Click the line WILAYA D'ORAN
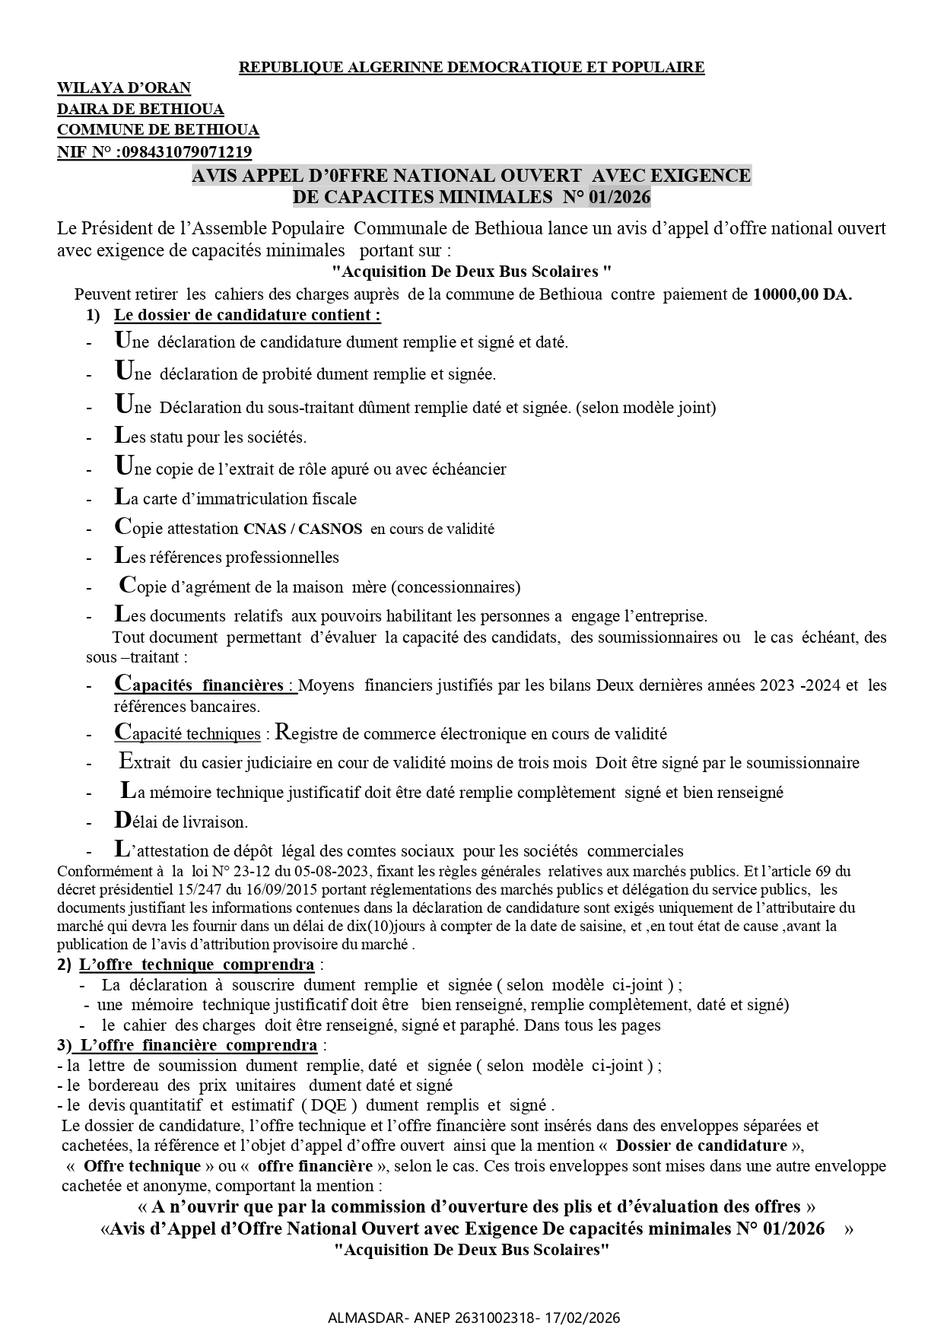coord(124,88)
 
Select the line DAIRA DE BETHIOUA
coord(140,110)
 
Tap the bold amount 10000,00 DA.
coord(802,295)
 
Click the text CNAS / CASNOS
coord(303,529)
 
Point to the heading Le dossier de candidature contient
coord(247,314)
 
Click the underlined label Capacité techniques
coord(188,734)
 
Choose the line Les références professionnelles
coord(227,558)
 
